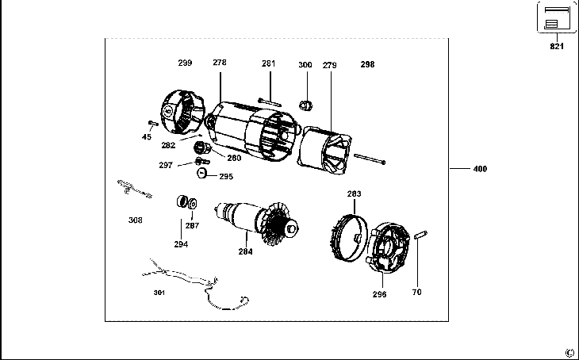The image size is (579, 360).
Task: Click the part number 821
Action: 557,47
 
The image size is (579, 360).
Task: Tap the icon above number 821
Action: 557,17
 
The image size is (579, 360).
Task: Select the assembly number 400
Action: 480,169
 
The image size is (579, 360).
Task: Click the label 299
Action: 185,62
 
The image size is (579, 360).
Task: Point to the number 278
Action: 220,62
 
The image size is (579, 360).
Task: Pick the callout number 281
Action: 269,63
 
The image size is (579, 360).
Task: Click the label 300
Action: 305,64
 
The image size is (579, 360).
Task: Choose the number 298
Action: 367,63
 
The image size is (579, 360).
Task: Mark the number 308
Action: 136,220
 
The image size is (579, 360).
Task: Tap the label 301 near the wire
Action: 159,293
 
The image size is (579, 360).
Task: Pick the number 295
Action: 226,177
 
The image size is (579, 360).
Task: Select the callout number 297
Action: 165,165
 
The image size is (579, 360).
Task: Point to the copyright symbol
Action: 569,352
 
